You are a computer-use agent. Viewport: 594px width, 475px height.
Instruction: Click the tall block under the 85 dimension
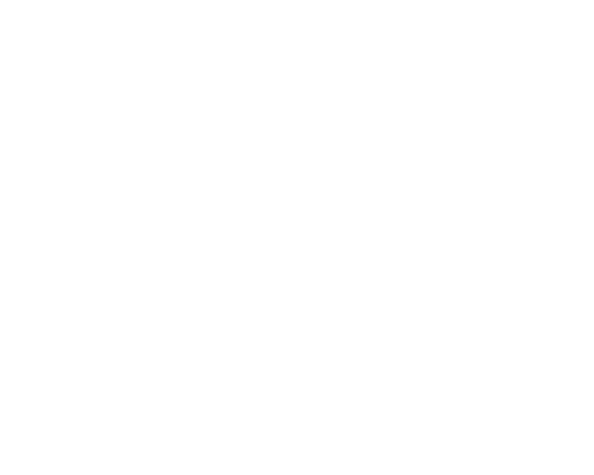pos(94,331)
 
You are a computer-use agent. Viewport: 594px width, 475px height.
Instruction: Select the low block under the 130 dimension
pos(309,370)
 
